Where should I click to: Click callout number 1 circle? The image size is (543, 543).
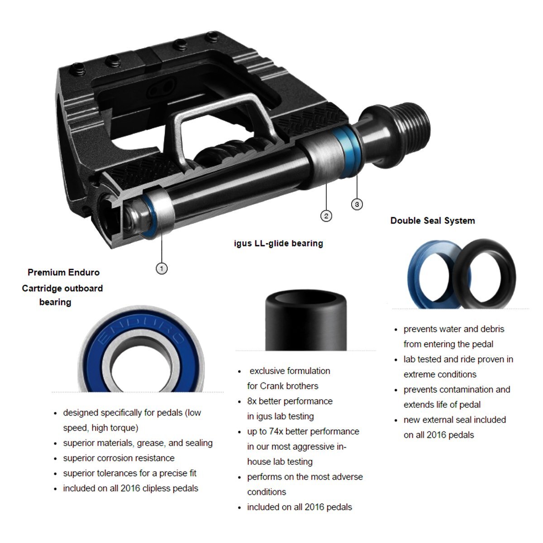(x=162, y=268)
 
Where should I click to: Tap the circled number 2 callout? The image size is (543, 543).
(x=326, y=216)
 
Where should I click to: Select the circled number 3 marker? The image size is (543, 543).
(x=357, y=205)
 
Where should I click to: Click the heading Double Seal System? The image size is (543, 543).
(x=433, y=221)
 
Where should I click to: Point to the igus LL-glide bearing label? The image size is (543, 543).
(x=278, y=243)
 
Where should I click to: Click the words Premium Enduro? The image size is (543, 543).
(x=63, y=272)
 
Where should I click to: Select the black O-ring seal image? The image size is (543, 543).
(x=484, y=274)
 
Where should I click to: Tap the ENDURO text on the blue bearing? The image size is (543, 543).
(x=140, y=329)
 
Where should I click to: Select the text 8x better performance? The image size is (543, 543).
(x=290, y=401)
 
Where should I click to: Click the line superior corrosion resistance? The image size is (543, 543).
(x=119, y=458)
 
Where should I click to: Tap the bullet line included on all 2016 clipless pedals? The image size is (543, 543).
(x=130, y=488)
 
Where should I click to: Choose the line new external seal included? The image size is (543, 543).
(x=454, y=420)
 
